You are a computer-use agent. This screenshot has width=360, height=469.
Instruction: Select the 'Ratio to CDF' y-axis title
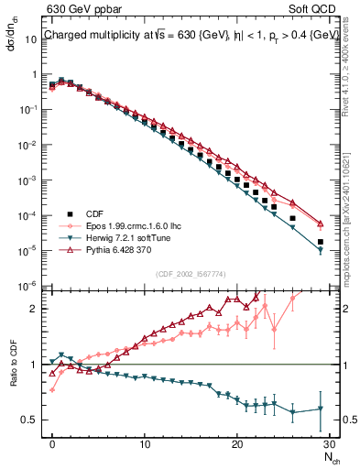14,377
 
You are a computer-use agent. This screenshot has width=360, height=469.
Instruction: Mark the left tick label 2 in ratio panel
31,309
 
